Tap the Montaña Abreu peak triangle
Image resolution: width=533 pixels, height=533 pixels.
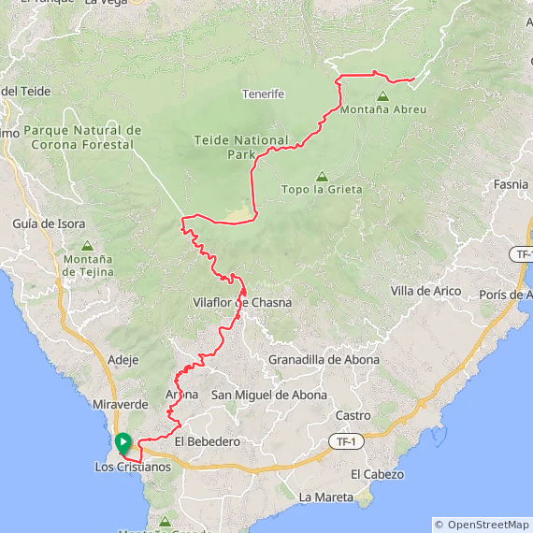point(382,96)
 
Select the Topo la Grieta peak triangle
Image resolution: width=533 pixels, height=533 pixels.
point(322,176)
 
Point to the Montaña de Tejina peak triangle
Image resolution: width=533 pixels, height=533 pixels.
point(88,246)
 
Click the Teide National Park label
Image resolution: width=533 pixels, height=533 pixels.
point(241,147)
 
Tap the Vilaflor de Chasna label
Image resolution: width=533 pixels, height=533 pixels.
point(241,303)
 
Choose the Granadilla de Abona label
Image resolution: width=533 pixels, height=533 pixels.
point(324,360)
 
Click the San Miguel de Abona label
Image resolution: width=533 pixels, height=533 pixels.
point(268,396)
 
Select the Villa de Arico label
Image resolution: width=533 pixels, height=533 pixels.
point(425,292)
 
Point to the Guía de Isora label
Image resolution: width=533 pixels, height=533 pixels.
point(50,224)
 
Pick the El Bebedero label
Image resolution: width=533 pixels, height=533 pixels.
point(207,441)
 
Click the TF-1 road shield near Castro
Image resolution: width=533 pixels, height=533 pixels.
point(346,440)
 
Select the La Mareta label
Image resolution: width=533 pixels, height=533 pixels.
point(323,497)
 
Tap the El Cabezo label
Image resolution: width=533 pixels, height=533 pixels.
point(377,475)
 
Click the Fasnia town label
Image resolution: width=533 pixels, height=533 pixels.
point(511,184)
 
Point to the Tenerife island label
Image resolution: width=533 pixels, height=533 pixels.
point(263,94)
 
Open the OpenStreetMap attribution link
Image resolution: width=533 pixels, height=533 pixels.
point(487,525)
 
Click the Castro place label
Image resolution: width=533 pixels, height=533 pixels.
point(353,415)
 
